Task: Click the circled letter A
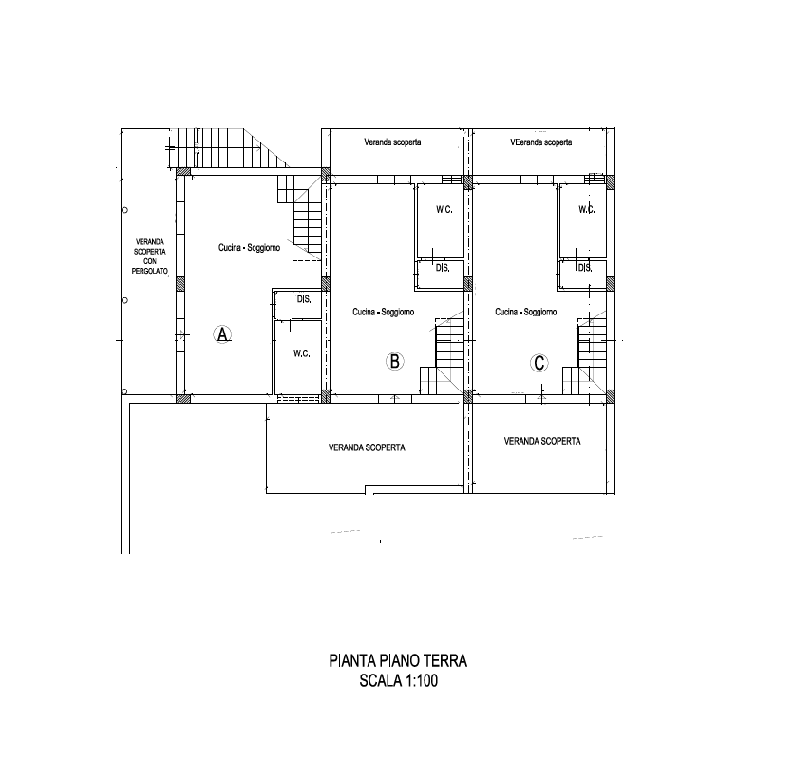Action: point(222,334)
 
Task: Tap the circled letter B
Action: point(394,361)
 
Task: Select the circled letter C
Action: point(539,363)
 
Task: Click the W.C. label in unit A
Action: point(302,353)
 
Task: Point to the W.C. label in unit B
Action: point(444,209)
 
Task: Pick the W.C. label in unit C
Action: point(587,209)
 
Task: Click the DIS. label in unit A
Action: point(304,299)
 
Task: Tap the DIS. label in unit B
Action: point(443,268)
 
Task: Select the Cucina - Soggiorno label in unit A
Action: point(249,248)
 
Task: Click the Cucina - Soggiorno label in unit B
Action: point(384,312)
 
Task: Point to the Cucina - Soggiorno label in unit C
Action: point(526,312)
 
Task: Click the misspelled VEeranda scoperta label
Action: point(541,142)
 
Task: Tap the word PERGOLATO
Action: point(150,271)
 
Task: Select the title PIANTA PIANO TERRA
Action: point(398,661)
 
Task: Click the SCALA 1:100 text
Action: point(399,681)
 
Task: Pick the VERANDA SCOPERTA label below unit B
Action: point(367,447)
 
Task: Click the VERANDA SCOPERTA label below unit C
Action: point(542,441)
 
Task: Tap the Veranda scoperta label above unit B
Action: point(392,142)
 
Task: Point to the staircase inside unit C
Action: point(585,354)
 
